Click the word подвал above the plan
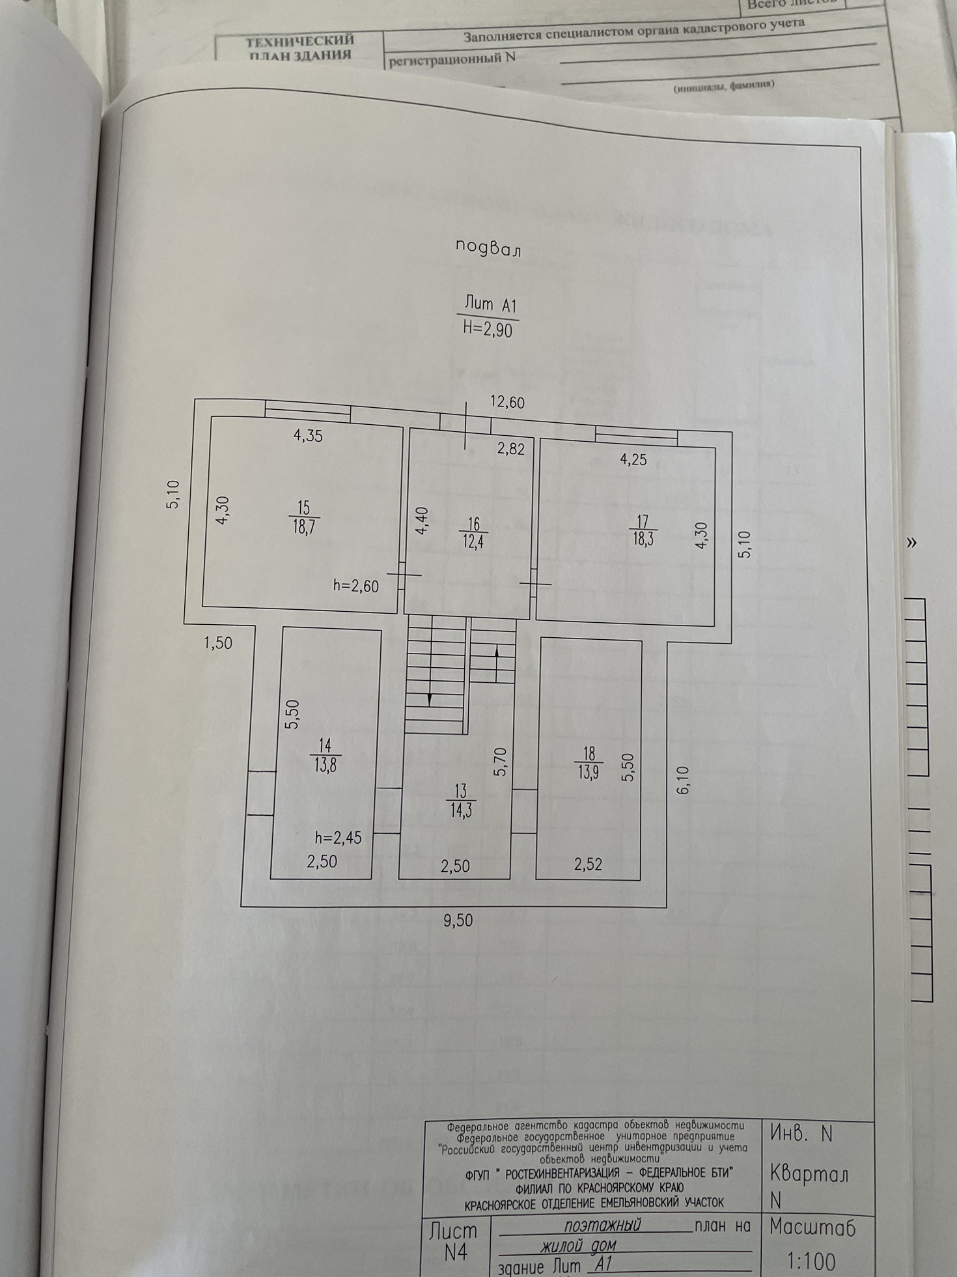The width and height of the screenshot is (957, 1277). (488, 248)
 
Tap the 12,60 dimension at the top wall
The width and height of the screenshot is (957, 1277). (507, 403)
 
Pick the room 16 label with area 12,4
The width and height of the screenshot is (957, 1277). (473, 533)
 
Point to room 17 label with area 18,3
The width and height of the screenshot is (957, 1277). (643, 530)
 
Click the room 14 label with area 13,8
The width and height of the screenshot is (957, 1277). (325, 754)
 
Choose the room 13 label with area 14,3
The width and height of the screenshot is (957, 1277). (461, 801)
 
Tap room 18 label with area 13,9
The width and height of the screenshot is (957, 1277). (589, 763)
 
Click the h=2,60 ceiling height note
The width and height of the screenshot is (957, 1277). (355, 586)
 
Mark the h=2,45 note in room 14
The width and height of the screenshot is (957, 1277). (338, 838)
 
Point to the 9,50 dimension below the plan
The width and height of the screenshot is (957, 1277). (458, 920)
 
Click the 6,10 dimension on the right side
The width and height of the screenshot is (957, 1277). (683, 780)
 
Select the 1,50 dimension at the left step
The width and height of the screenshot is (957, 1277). (218, 643)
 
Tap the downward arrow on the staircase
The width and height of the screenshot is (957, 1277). (430, 698)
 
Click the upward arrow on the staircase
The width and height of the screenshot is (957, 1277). (497, 650)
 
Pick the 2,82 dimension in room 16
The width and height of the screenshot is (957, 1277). (510, 448)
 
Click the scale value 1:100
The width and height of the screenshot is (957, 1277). (812, 1261)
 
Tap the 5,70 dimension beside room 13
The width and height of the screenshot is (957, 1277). (500, 761)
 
